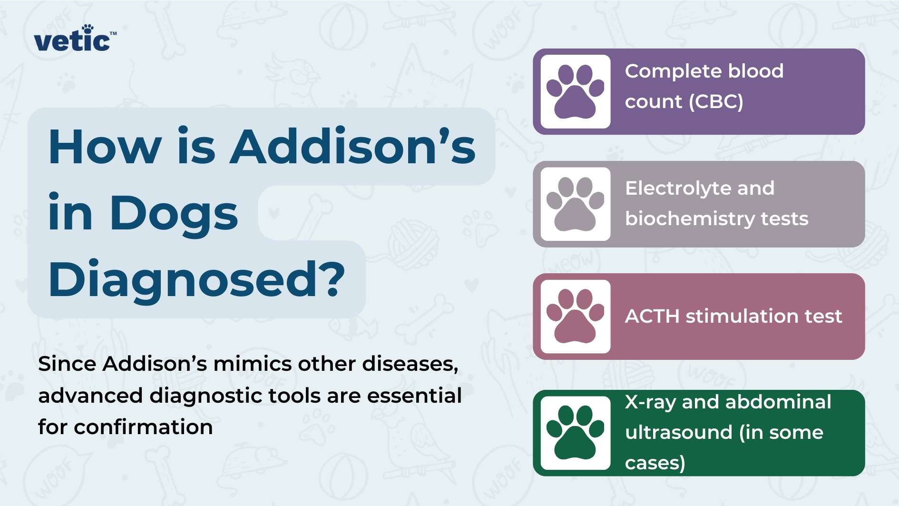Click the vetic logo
74,39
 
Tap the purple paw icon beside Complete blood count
576,91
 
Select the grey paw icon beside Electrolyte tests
576,204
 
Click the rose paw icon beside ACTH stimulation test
576,316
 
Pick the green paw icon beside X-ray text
576,433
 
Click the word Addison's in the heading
352,147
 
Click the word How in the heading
105,147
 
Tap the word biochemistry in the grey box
690,219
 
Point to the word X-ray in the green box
650,403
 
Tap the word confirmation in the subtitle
143,427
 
